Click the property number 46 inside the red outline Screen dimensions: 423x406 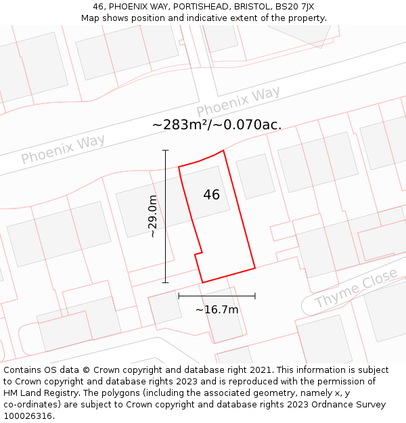211,195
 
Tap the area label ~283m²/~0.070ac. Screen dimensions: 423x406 217,125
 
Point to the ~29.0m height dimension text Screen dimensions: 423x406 153,217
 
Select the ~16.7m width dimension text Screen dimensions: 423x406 217,310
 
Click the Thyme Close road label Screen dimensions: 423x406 356,288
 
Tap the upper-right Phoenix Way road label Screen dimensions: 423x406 238,102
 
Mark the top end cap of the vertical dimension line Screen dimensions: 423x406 166,150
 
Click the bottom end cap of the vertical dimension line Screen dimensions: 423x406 166,282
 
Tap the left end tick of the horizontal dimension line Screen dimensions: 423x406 179,296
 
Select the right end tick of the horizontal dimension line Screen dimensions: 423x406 255,296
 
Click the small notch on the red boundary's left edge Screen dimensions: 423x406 198,254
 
